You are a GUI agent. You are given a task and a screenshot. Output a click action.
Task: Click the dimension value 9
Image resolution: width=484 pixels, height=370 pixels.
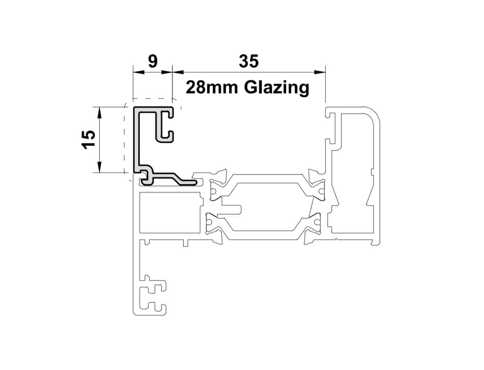[x=152, y=61]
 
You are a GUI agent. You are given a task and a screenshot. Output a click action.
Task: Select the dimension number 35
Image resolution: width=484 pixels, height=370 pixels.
[x=249, y=61]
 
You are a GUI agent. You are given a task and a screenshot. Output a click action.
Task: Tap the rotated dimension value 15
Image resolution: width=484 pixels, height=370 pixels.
[x=88, y=140]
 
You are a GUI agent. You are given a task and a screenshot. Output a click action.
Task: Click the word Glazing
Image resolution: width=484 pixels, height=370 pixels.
[x=276, y=87]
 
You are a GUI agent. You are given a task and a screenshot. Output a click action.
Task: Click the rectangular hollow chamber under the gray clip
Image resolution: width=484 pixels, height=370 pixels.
[x=169, y=213]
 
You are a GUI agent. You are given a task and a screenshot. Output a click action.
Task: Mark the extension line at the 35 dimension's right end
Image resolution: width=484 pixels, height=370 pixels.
[x=326, y=86]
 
